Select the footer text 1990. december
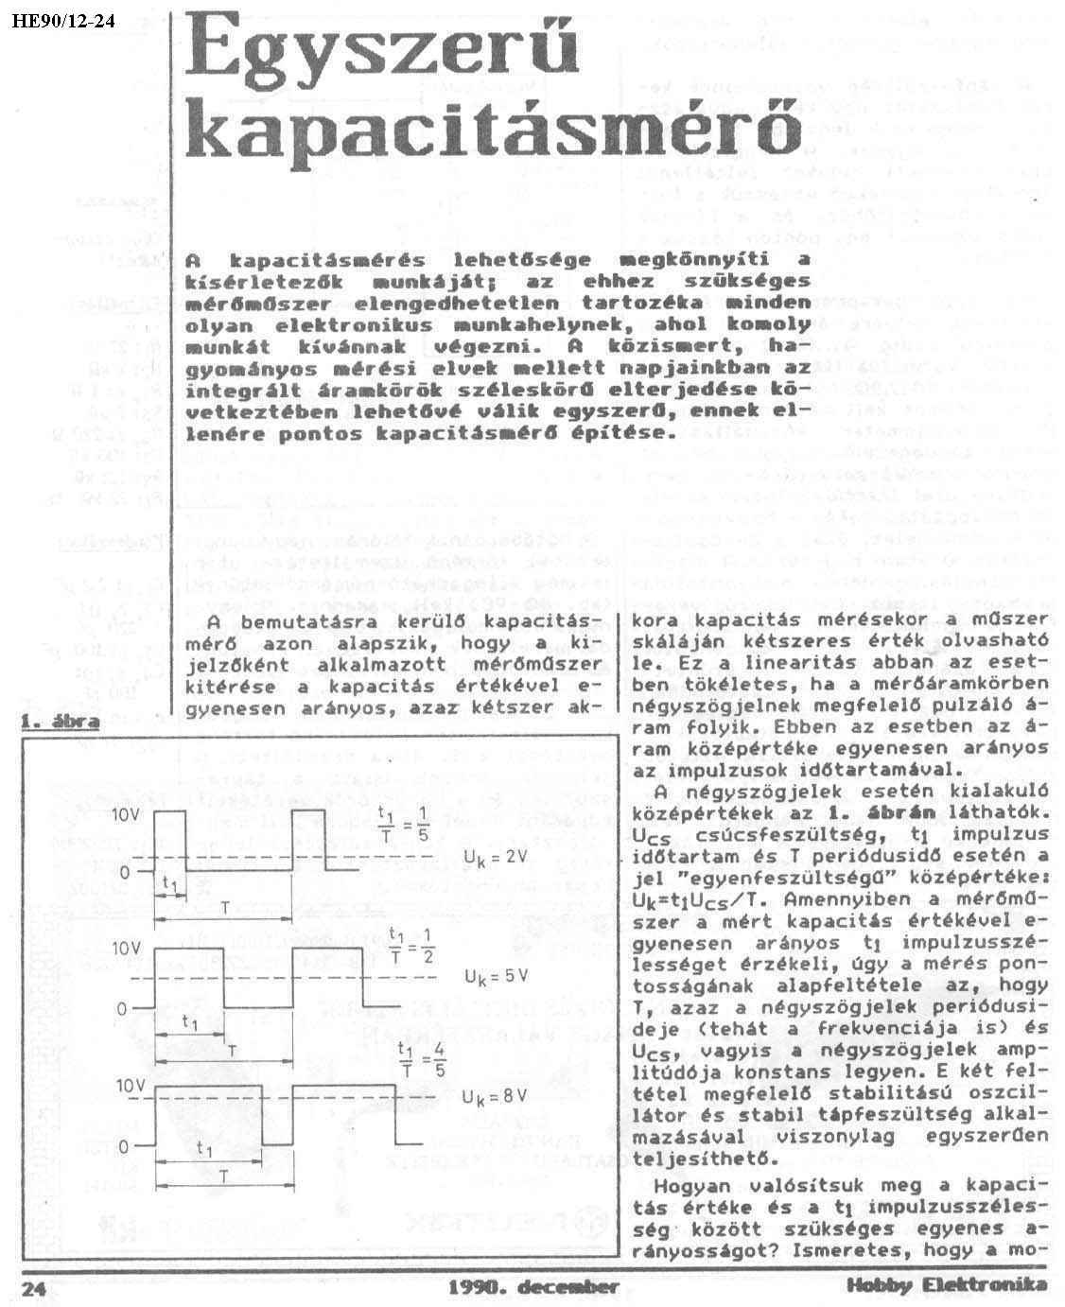[533, 1286]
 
